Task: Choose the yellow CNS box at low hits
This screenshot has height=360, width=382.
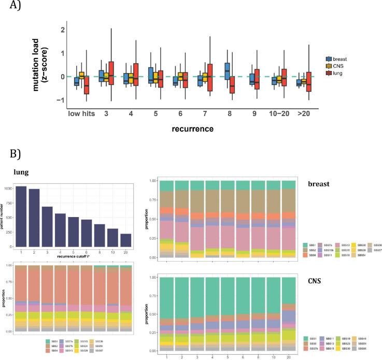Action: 81,76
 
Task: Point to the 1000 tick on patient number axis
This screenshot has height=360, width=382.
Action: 9,189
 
